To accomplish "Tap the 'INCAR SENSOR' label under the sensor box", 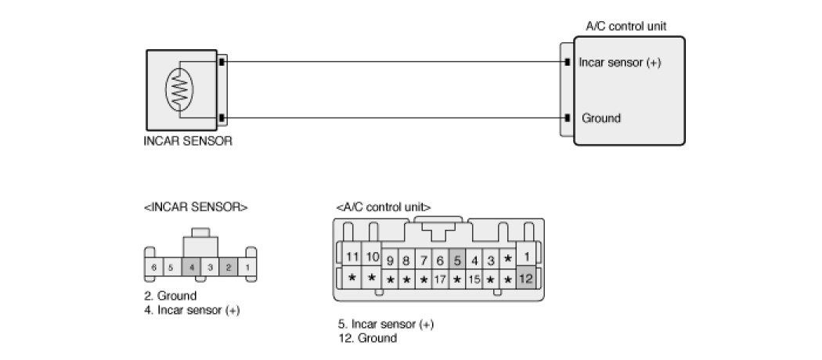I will (x=188, y=142).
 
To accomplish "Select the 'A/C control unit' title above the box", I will (x=626, y=26).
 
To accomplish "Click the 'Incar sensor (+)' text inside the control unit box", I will (x=620, y=63).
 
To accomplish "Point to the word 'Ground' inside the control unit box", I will (x=601, y=119).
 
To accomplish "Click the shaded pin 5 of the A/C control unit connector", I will (x=457, y=260).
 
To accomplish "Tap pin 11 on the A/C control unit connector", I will (x=352, y=257).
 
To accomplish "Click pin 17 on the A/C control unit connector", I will (x=440, y=279).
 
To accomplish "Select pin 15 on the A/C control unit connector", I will (x=474, y=279).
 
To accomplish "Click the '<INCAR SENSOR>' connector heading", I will (x=196, y=207).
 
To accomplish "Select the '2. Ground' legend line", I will (x=170, y=296).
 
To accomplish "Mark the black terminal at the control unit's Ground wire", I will (x=567, y=119).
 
